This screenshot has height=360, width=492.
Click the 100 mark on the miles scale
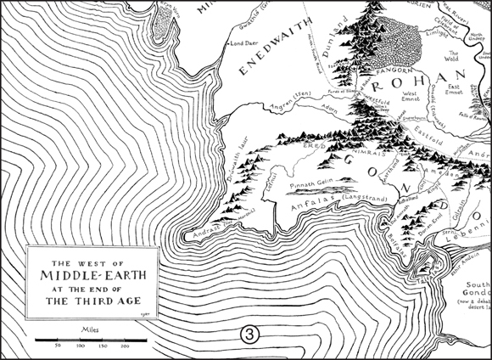click(x=80, y=346)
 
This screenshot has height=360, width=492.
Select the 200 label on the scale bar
click(x=125, y=346)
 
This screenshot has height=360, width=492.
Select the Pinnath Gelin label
click(x=316, y=183)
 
